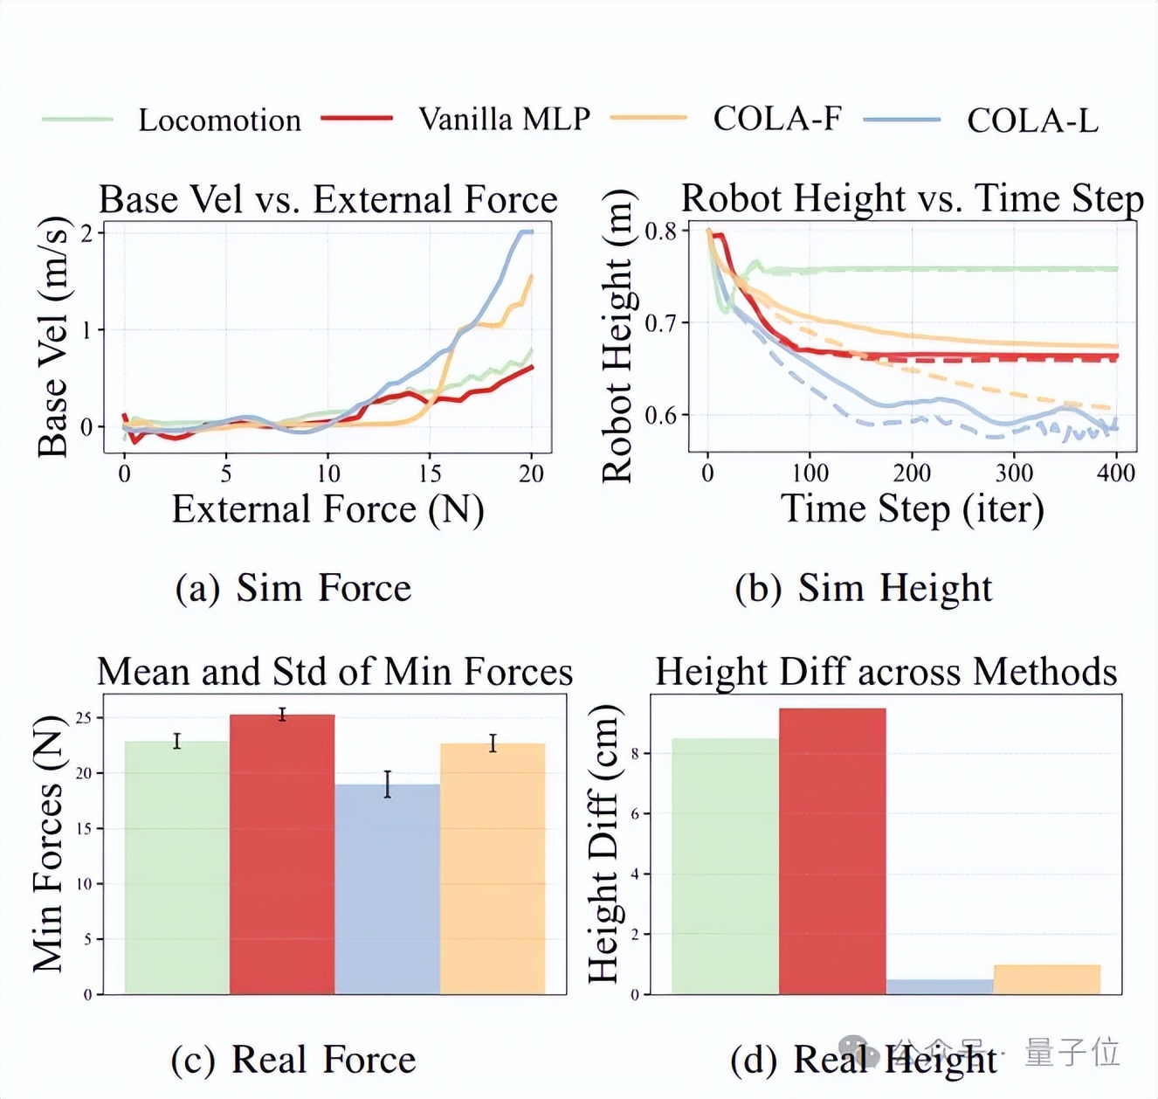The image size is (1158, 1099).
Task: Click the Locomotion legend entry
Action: [219, 120]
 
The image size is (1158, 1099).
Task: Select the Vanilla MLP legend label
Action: [504, 119]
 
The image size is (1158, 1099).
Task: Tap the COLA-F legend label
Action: [776, 118]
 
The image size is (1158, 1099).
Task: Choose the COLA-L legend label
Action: [1031, 121]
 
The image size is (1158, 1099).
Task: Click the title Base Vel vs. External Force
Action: [327, 199]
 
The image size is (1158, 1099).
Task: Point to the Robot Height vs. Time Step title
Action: [912, 198]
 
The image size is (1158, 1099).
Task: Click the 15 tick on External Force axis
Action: [430, 473]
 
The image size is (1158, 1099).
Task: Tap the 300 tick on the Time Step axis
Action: [1014, 473]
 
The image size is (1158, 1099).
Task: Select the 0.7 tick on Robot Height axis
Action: [660, 323]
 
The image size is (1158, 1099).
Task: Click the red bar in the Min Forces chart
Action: [282, 854]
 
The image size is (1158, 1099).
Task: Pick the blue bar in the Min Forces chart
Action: [388, 888]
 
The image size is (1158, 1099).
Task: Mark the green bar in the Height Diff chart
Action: [725, 866]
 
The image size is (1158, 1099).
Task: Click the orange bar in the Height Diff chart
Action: [1046, 979]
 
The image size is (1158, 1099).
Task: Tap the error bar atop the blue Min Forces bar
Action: [388, 784]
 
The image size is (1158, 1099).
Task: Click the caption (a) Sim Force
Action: [293, 588]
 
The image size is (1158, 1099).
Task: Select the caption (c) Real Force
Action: [293, 1059]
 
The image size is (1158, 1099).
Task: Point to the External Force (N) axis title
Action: [327, 509]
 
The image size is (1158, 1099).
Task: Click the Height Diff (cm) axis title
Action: [603, 844]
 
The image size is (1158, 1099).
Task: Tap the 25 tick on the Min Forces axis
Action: [84, 718]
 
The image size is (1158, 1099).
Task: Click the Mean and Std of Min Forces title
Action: [334, 672]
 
